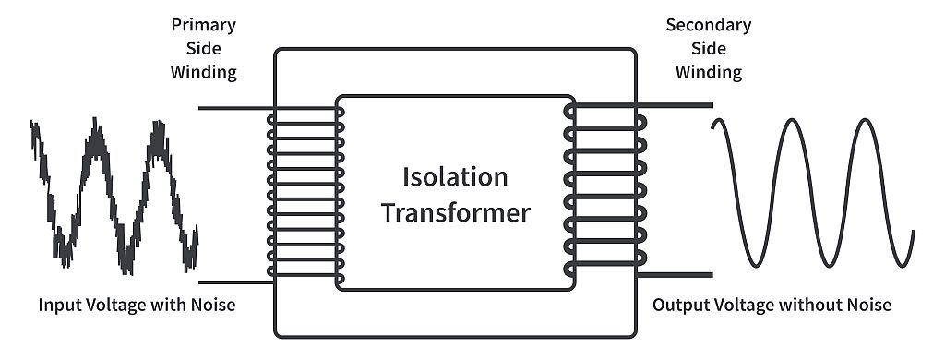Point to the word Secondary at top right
(x=708, y=24)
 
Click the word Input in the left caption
(x=58, y=304)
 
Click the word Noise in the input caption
(x=209, y=304)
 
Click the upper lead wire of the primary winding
(x=231, y=108)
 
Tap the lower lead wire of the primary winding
(x=231, y=282)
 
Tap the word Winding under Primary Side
(x=203, y=72)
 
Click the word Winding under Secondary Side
(x=708, y=71)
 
